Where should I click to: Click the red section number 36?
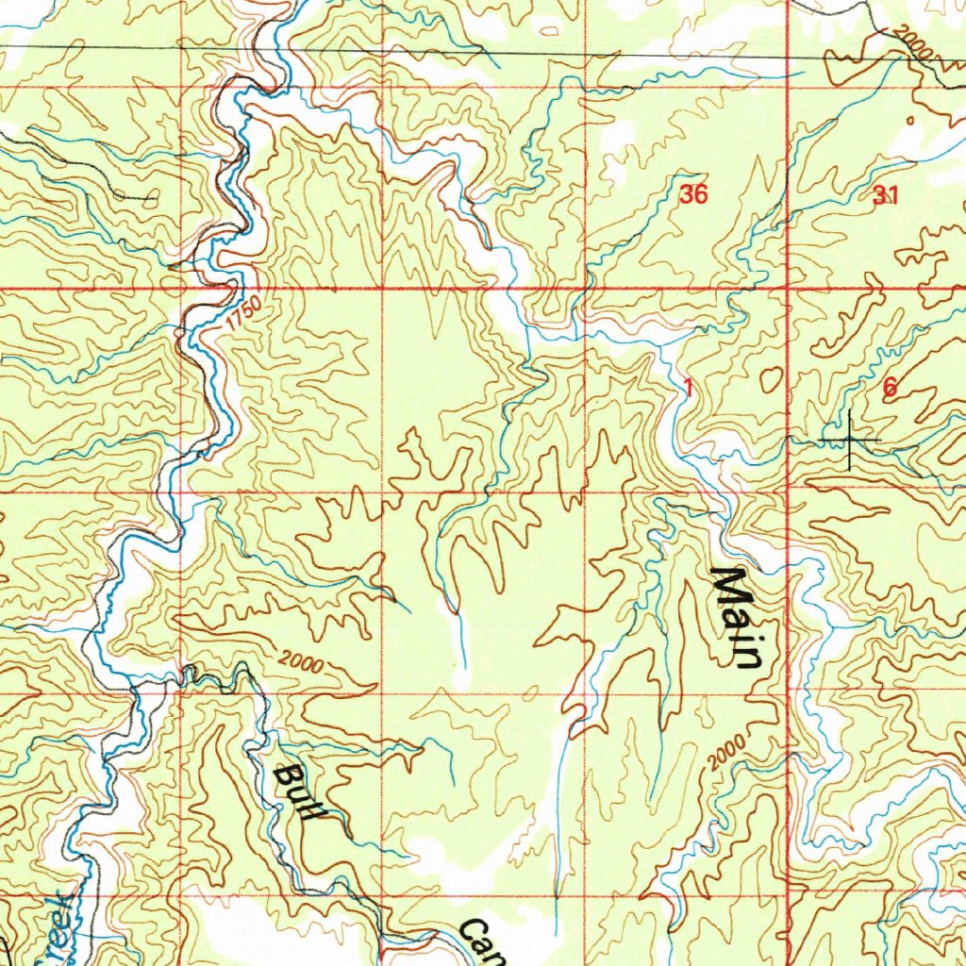693,195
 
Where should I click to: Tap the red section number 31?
885,196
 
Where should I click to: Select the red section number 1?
690,387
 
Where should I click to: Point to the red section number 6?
890,387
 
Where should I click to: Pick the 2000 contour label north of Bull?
302,665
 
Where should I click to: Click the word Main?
736,618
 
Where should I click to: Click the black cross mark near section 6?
849,441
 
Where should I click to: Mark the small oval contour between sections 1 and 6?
773,377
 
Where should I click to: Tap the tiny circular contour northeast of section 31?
910,121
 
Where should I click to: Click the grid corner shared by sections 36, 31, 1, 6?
788,287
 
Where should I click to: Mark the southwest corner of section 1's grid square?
585,491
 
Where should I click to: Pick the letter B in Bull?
284,776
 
